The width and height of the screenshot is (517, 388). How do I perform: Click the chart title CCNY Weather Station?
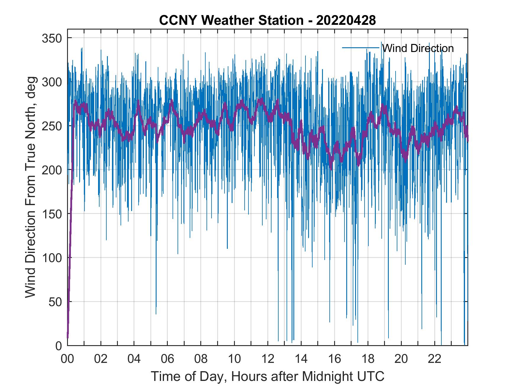tap(231, 20)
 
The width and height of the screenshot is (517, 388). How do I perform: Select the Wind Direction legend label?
tap(418, 48)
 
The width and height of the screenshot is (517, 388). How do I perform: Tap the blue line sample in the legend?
tap(361, 48)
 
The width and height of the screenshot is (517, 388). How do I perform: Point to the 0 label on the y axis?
tap(59, 345)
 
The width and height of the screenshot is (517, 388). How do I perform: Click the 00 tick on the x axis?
tap(67, 359)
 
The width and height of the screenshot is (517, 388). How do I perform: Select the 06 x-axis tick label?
tap(168, 359)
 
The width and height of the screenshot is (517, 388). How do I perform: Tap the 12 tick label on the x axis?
tap(268, 359)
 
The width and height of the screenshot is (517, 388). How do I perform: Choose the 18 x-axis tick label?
tap(368, 359)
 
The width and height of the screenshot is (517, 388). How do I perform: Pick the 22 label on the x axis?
tap(435, 359)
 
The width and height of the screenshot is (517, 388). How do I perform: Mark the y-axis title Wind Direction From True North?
tap(30, 187)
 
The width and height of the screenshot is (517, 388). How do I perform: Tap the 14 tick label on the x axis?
tap(301, 359)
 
